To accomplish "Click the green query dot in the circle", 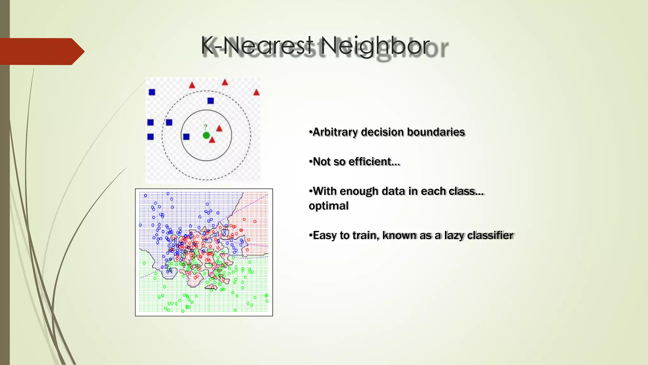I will [x=206, y=136].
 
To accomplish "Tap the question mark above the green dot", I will [x=206, y=127].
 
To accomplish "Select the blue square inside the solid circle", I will [x=186, y=137].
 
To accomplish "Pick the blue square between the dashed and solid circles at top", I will [x=210, y=101].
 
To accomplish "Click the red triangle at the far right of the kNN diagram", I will [x=256, y=93].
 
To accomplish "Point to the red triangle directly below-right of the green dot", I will [x=212, y=140].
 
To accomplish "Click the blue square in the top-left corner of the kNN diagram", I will [x=152, y=92].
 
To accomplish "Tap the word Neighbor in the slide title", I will [x=375, y=46].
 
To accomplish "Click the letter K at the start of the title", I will [x=208, y=46].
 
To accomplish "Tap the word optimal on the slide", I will [x=328, y=206].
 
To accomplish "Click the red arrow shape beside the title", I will [x=41, y=51].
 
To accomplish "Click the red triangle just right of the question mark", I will [x=219, y=128].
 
